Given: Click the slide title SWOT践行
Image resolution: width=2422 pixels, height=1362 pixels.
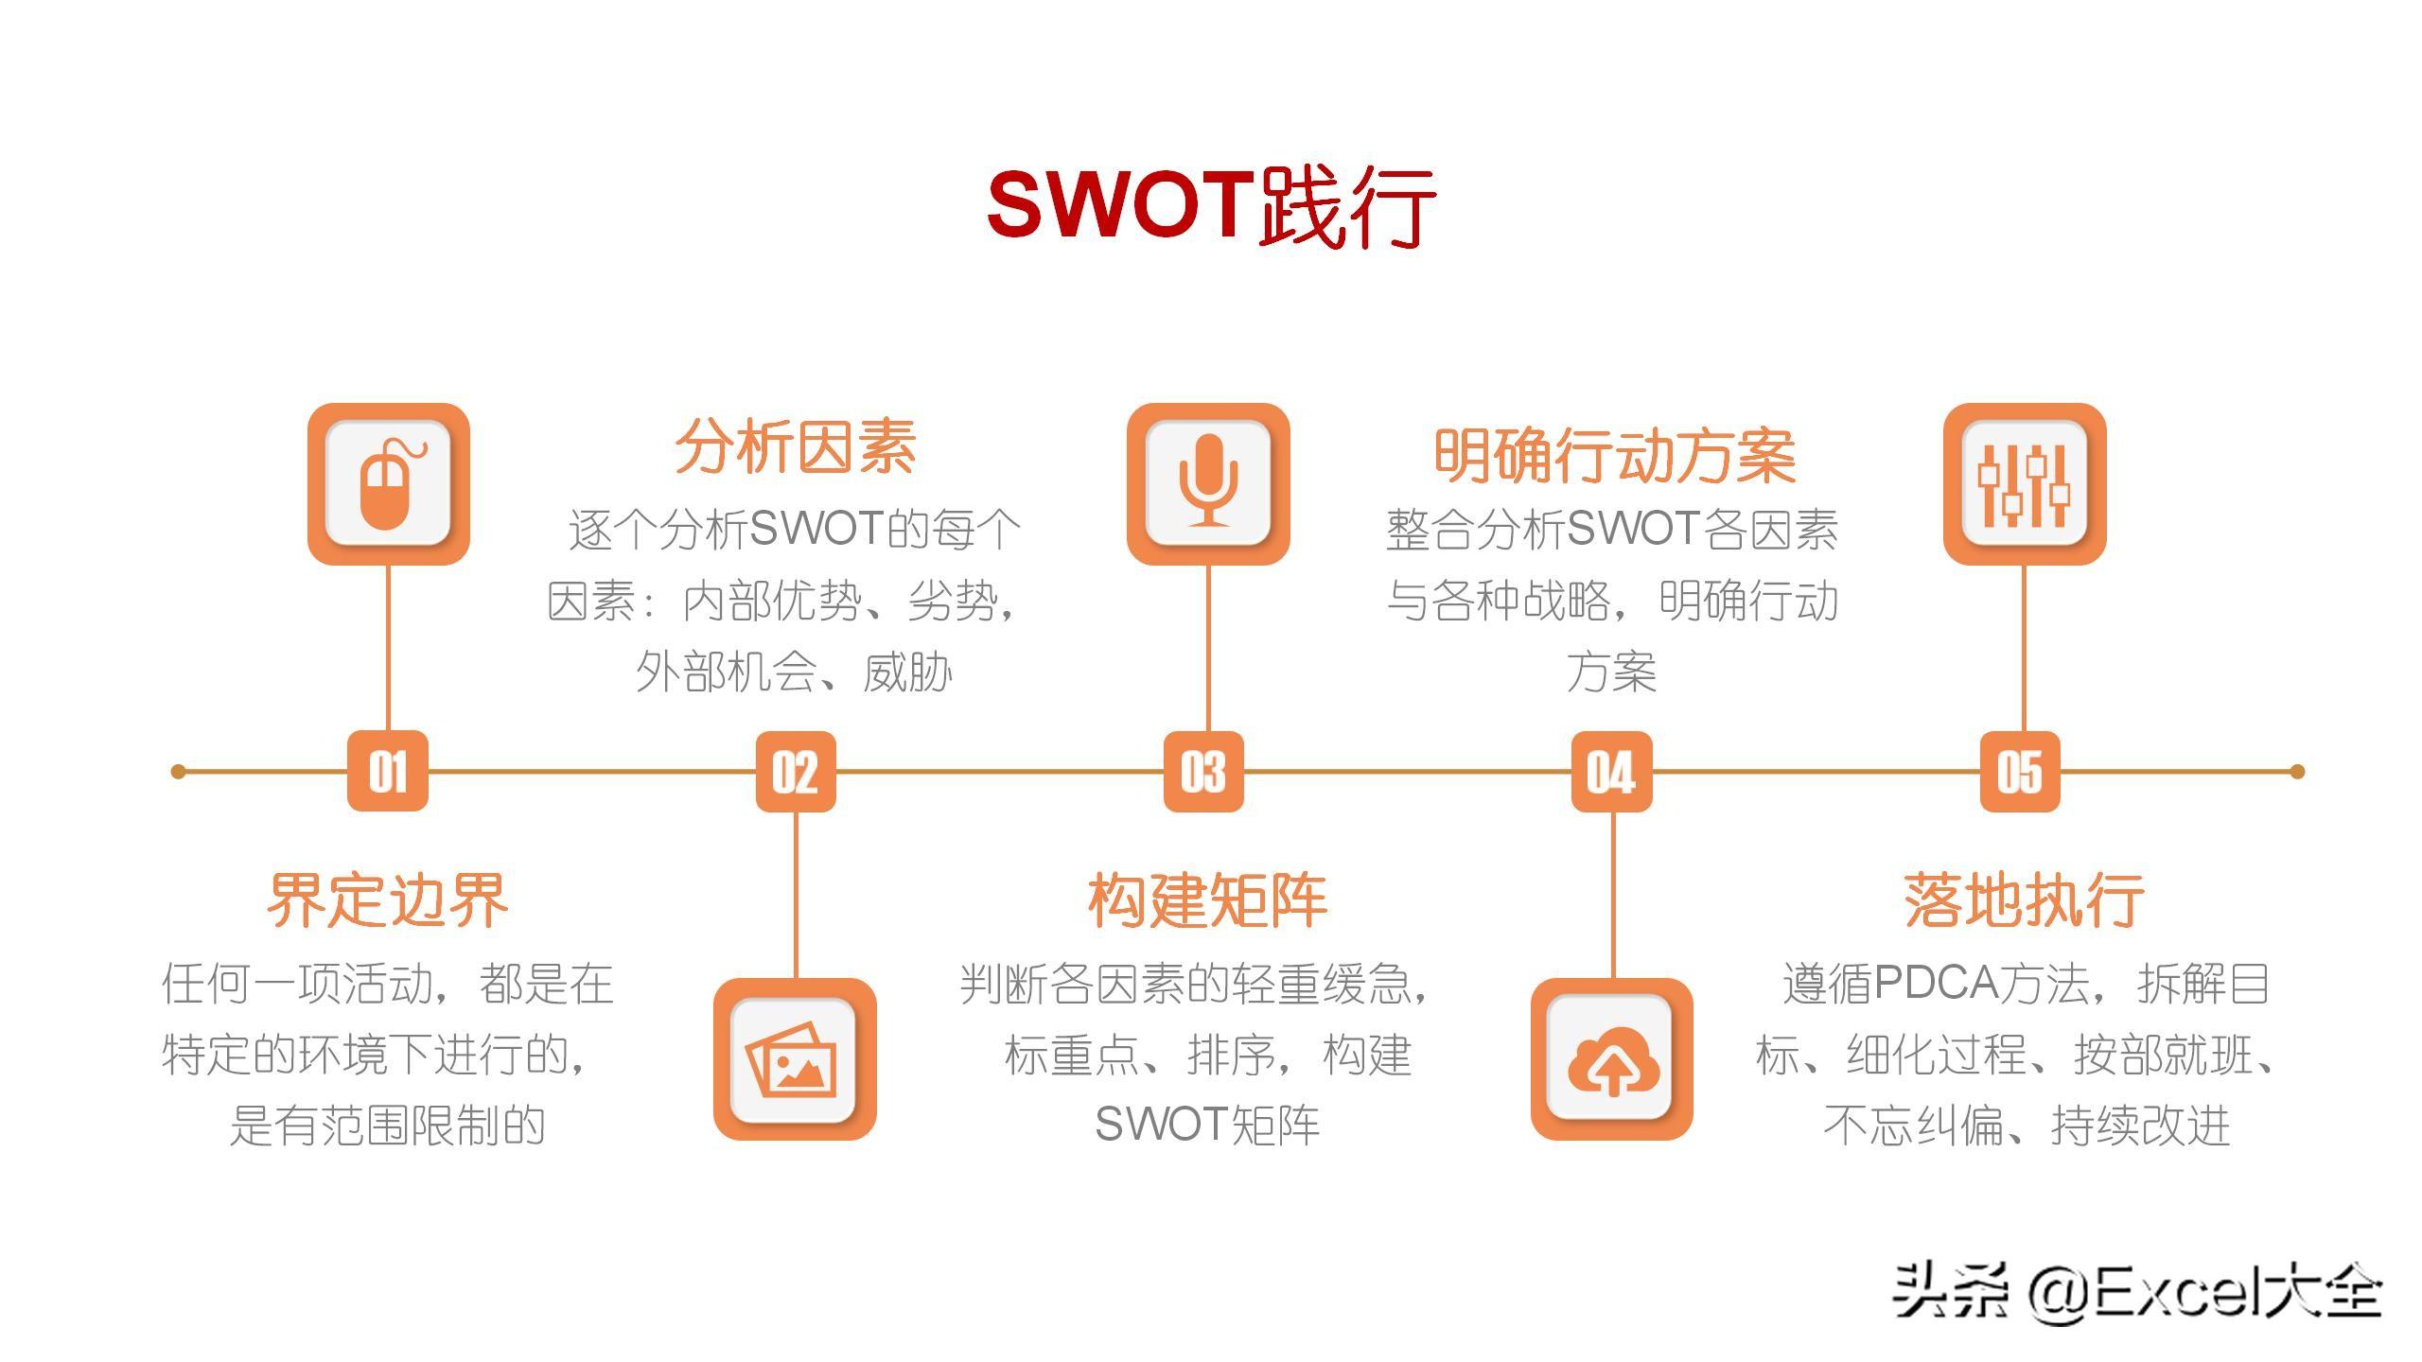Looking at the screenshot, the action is coord(1211,204).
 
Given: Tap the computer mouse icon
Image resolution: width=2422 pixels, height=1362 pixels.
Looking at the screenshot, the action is coord(388,484).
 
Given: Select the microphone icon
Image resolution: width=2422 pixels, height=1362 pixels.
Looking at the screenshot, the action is coord(1208,484).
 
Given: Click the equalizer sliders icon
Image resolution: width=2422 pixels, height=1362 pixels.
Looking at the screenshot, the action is coord(2025,484).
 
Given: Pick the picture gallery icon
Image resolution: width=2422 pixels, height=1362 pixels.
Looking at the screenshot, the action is coord(795,1059).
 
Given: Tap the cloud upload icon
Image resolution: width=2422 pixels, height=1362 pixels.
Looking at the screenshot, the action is coord(1612,1059).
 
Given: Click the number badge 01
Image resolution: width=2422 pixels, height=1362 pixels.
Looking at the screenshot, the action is coord(388,772).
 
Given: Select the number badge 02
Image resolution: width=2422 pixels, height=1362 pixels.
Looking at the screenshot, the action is coord(796,772).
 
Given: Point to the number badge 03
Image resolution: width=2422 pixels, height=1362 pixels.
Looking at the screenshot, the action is coord(1203,772).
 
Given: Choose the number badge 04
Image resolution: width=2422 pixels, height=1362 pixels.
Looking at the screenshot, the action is coord(1611,772).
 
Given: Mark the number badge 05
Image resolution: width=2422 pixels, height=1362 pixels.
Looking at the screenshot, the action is coord(2020,772).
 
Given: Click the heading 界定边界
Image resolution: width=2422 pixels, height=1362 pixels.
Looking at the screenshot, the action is coord(388,900).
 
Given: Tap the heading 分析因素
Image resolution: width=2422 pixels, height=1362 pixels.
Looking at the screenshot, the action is coord(796,446).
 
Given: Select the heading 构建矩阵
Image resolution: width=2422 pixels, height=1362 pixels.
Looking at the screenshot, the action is coord(1208,900).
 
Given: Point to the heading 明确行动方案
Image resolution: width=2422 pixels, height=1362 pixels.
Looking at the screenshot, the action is coord(1614,456).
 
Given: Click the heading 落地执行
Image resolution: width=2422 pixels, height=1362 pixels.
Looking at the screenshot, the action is coord(2025,900).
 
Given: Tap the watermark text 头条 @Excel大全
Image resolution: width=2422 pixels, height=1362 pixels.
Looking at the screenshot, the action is coord(2136,1292).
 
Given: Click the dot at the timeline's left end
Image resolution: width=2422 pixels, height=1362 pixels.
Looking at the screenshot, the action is coord(178,772).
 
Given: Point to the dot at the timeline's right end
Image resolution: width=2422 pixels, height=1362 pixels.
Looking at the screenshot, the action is coord(2297,772).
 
